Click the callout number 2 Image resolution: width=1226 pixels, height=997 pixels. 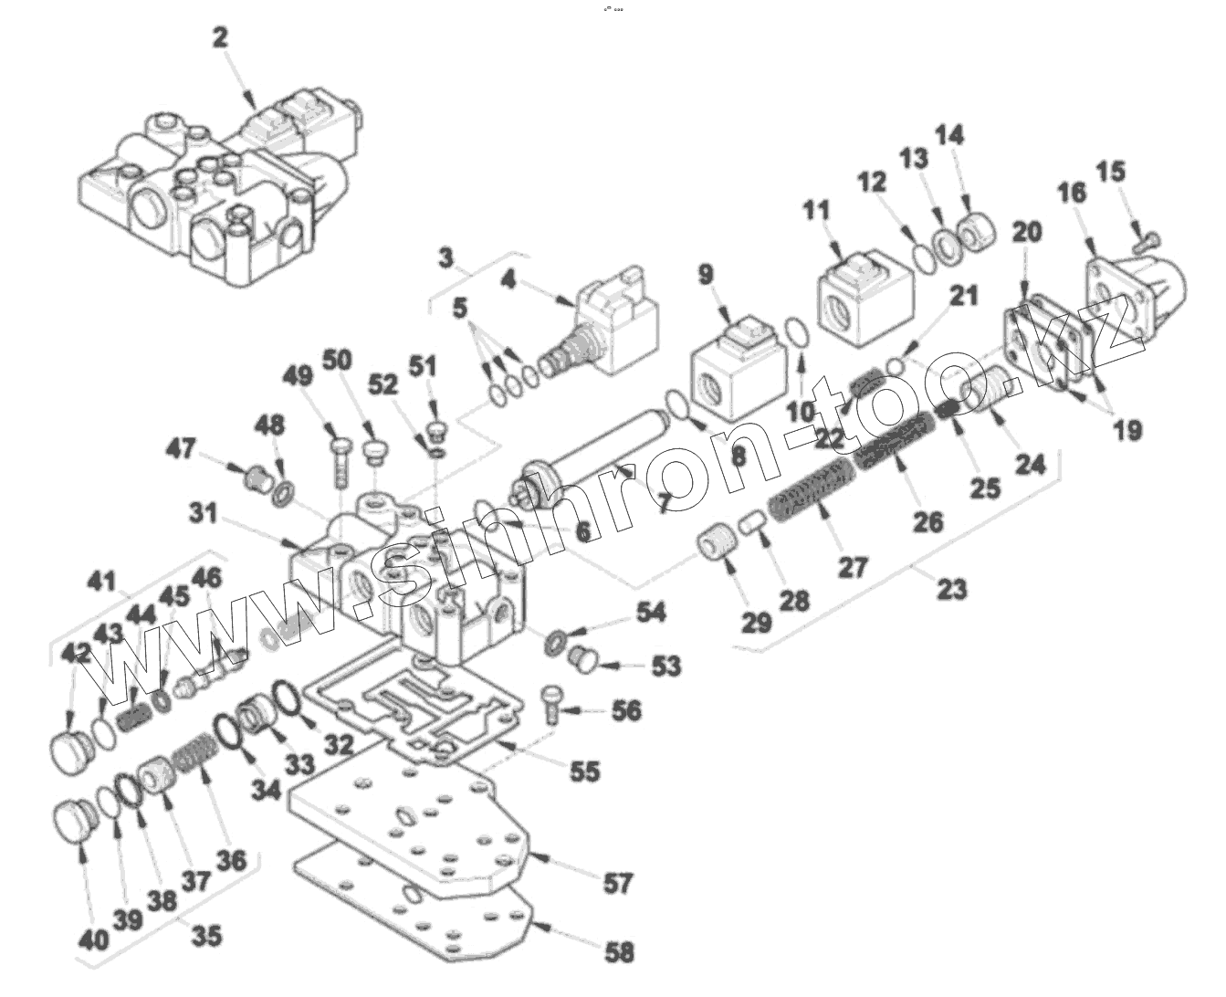[220, 37]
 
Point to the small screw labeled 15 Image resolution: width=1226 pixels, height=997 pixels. [1145, 242]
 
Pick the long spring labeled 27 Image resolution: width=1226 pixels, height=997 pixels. [808, 494]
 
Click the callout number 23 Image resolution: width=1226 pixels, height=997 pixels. [951, 590]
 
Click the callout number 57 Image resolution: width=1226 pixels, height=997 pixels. [618, 883]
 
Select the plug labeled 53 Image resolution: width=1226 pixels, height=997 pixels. [582, 659]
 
